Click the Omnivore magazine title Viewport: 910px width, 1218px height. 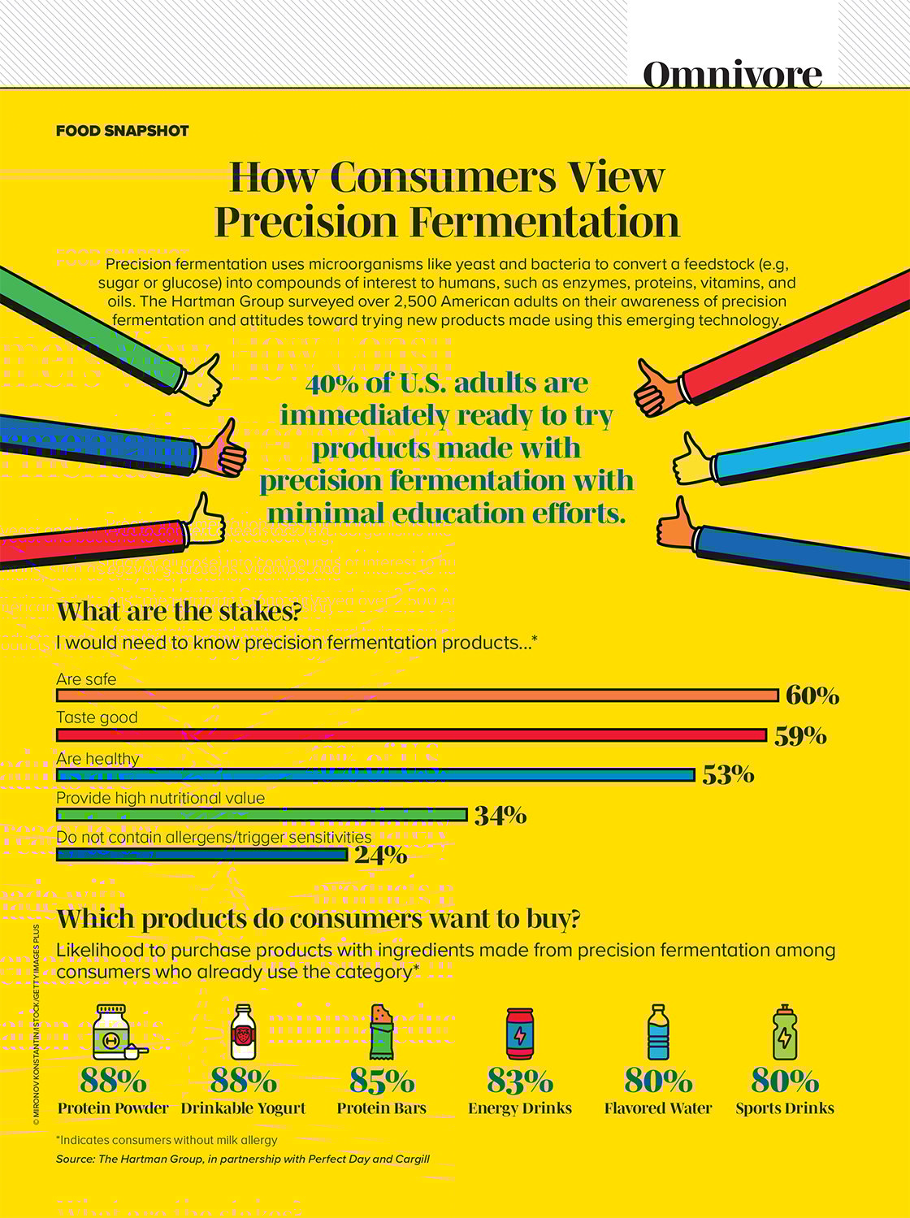(732, 74)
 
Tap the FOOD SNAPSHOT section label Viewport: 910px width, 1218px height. (122, 131)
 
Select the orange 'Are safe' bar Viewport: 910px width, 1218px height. (417, 696)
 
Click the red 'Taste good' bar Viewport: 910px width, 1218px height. (411, 735)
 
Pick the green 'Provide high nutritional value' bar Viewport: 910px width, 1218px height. (261, 815)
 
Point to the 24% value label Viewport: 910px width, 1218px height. (380, 855)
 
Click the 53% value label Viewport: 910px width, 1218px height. (728, 775)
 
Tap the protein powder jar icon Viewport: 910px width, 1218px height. (114, 1033)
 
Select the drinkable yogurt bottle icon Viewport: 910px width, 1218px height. (243, 1032)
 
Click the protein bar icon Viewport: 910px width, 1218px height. (381, 1032)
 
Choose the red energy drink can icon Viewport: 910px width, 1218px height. (520, 1034)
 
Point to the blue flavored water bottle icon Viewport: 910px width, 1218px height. (658, 1032)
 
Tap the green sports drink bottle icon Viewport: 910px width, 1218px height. (784, 1032)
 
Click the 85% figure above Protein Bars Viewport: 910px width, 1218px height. (381, 1081)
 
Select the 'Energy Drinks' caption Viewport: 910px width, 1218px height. (520, 1108)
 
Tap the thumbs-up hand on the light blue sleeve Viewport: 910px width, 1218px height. (691, 461)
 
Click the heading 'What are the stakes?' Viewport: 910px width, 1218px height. (178, 612)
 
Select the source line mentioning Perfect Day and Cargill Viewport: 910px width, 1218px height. (242, 1159)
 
